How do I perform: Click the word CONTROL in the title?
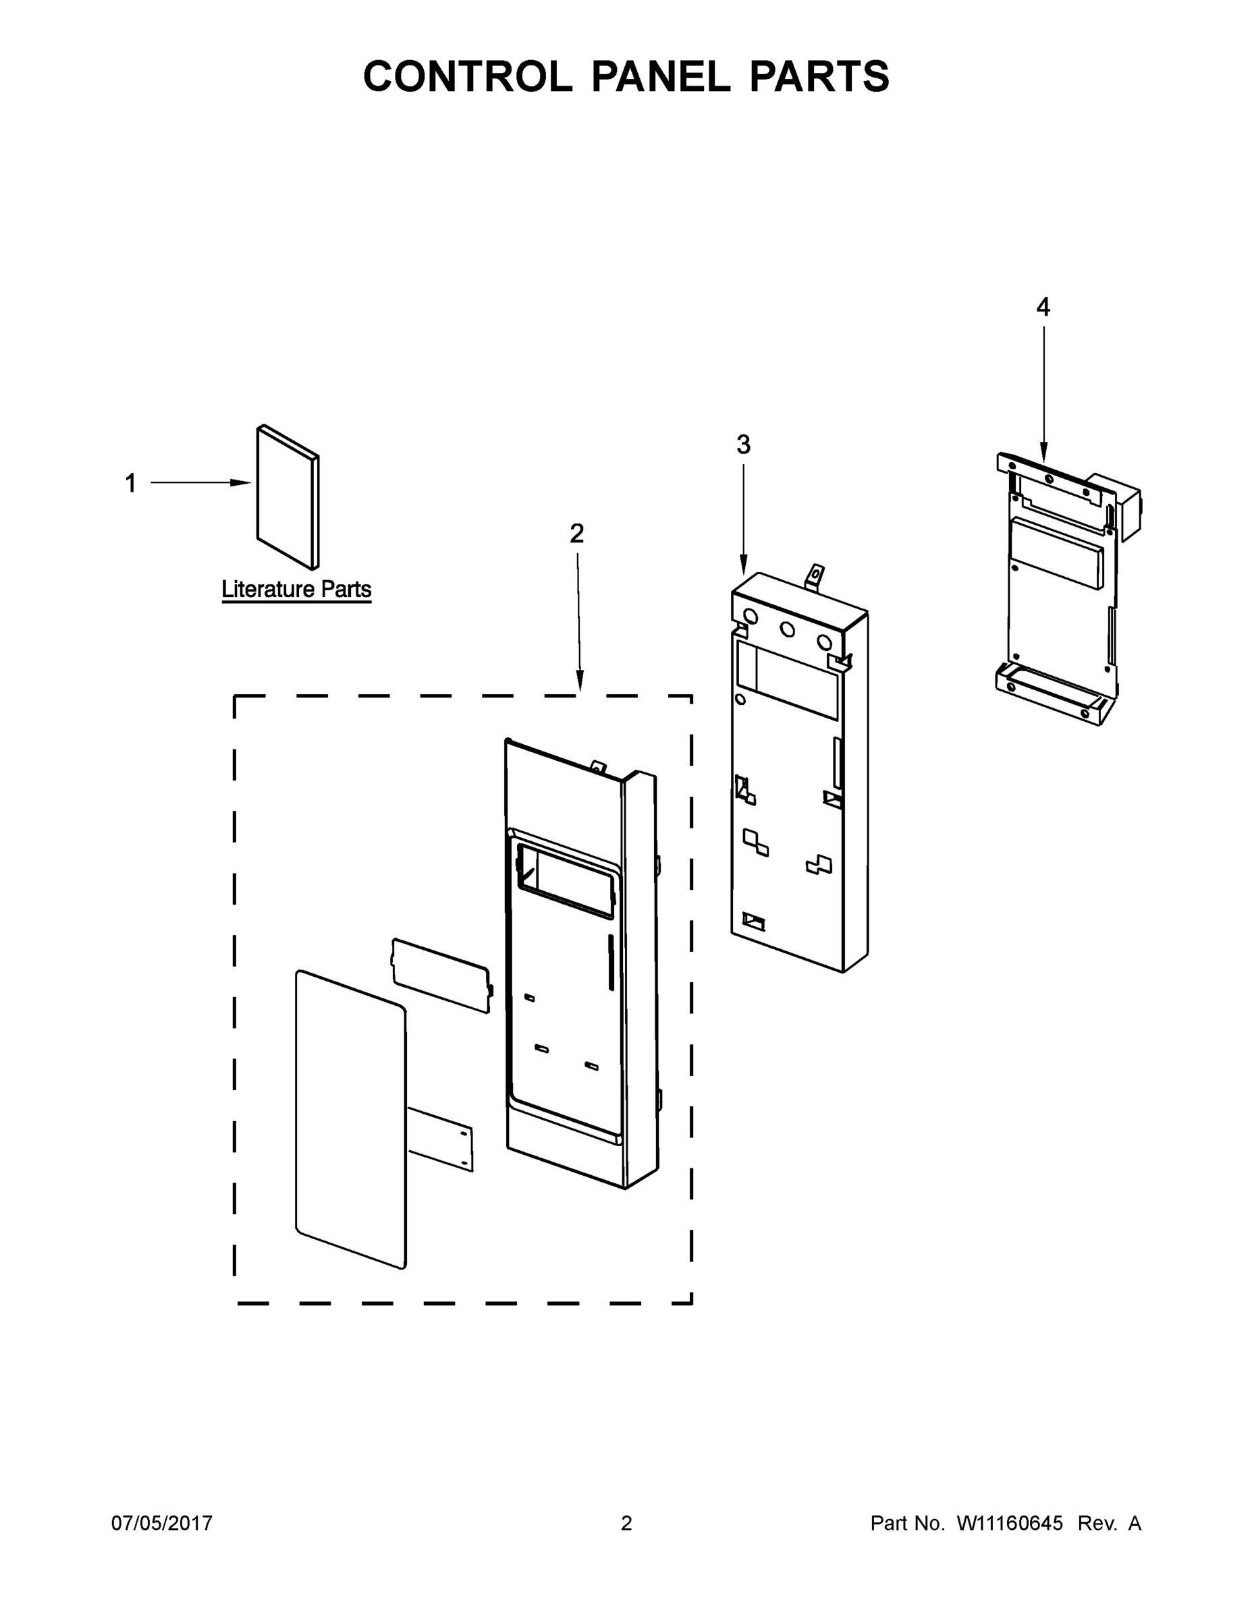pyautogui.click(x=467, y=76)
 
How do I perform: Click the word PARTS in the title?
pyautogui.click(x=819, y=76)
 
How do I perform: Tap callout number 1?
pyautogui.click(x=130, y=483)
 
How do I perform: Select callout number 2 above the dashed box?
pyautogui.click(x=576, y=533)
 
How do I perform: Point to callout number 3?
pyautogui.click(x=743, y=445)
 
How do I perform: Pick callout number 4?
pyautogui.click(x=1043, y=307)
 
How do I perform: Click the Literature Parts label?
pyautogui.click(x=296, y=590)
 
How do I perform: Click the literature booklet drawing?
pyautogui.click(x=288, y=496)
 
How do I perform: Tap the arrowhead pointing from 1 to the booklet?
pyautogui.click(x=241, y=482)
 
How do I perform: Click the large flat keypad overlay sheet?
pyautogui.click(x=351, y=1119)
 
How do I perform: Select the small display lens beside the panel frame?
pyautogui.click(x=441, y=975)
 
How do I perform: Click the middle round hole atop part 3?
pyautogui.click(x=788, y=629)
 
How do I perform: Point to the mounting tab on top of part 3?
pyautogui.click(x=815, y=575)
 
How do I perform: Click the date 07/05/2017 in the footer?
pyautogui.click(x=162, y=1523)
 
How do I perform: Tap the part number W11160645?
pyautogui.click(x=1010, y=1523)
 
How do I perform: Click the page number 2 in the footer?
pyautogui.click(x=626, y=1523)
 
